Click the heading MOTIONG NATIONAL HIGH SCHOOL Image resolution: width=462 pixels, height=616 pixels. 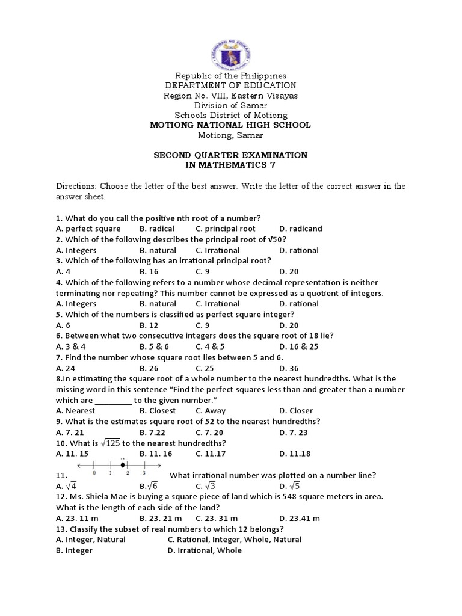[x=230, y=125]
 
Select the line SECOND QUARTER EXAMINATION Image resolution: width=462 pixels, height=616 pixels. [x=230, y=155]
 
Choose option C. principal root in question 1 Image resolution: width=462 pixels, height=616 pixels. [x=225, y=229]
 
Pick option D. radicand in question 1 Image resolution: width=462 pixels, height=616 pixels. [x=300, y=229]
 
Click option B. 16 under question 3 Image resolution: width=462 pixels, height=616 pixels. [x=149, y=271]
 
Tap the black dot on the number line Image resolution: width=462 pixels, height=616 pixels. [x=123, y=465]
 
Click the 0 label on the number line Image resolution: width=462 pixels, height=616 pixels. [x=94, y=473]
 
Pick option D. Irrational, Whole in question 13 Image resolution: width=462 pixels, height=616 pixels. [x=205, y=550]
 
